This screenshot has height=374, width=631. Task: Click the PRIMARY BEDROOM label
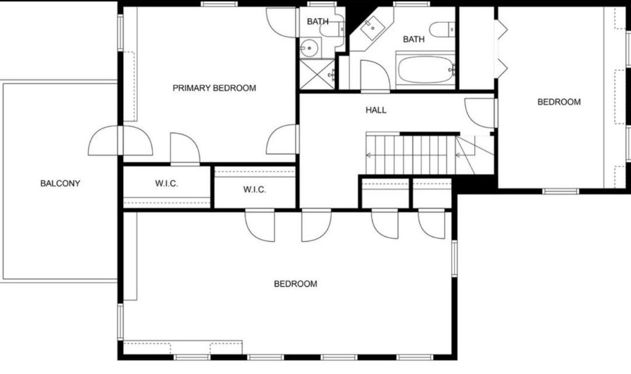214,88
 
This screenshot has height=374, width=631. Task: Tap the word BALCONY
60,183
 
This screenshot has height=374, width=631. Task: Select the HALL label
376,109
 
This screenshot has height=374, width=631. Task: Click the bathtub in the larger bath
426,69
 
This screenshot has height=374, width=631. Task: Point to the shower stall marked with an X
317,74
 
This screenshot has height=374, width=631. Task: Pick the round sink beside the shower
309,49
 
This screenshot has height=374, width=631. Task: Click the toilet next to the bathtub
442,29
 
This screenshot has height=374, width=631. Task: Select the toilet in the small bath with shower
332,29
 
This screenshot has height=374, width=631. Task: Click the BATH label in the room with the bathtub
414,39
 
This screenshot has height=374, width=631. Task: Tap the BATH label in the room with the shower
317,21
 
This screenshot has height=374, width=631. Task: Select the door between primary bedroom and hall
282,139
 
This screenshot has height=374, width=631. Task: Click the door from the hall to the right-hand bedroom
479,113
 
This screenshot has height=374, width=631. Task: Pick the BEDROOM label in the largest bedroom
296,284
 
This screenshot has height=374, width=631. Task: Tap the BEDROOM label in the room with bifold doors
559,102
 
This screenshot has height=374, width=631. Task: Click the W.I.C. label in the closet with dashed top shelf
254,190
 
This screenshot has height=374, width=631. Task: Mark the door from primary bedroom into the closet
185,148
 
